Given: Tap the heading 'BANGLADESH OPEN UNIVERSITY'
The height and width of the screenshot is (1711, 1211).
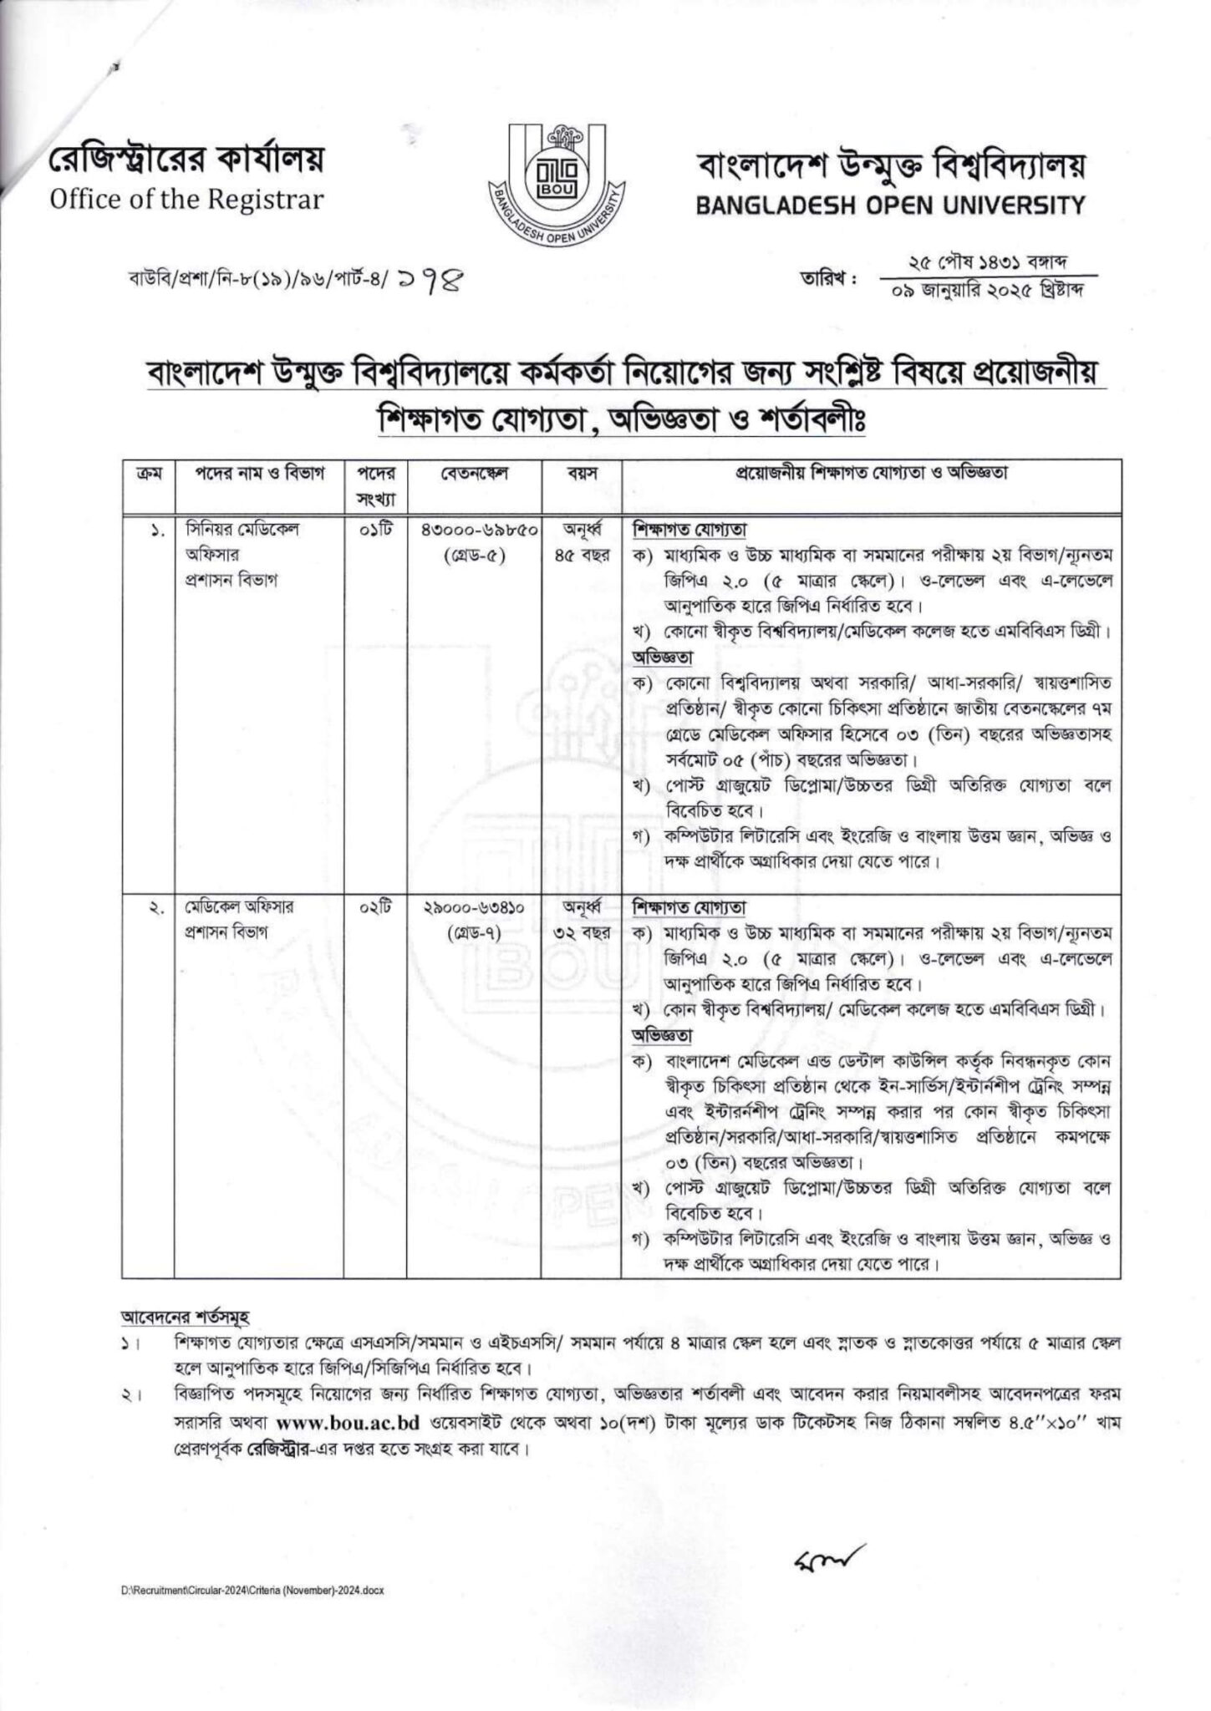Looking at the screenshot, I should (891, 205).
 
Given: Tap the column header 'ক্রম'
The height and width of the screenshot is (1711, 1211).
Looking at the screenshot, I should (147, 474).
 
